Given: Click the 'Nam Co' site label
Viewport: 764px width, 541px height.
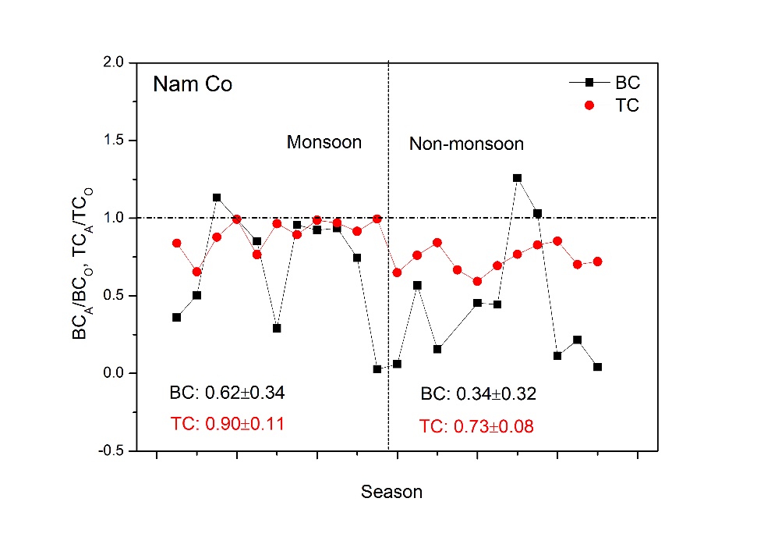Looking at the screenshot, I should click(193, 84).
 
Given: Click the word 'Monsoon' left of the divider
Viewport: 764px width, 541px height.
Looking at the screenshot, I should click(324, 142).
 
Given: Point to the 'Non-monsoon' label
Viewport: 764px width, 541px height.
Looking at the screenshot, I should click(467, 144).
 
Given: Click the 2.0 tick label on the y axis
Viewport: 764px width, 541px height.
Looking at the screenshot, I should click(114, 62).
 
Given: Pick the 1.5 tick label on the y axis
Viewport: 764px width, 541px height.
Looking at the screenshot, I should click(114, 141).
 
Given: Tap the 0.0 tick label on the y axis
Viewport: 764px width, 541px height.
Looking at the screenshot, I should click(114, 373).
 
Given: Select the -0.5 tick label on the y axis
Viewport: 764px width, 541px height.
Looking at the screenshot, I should click(111, 451).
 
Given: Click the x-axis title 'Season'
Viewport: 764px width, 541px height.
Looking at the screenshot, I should click(391, 493).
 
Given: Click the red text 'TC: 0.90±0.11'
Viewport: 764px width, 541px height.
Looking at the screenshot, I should click(227, 424).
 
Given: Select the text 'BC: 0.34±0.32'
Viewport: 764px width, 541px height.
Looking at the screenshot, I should click(479, 393).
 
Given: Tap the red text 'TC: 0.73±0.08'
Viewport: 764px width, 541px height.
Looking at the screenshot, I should click(476, 426).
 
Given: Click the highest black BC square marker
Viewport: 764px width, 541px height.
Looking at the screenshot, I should click(517, 178).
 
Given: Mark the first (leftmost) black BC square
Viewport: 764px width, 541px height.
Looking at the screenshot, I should click(177, 317).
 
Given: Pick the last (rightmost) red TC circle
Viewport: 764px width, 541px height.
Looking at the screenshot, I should click(597, 262).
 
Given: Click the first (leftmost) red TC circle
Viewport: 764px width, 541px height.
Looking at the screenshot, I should click(177, 244).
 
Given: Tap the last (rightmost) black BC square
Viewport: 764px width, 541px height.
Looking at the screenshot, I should click(597, 367).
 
